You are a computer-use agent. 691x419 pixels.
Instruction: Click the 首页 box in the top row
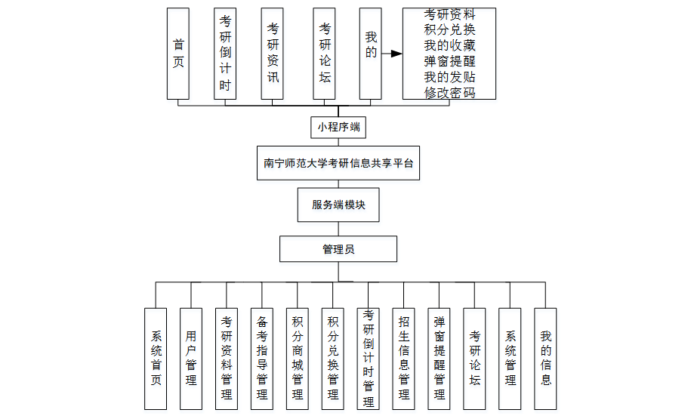coord(178,54)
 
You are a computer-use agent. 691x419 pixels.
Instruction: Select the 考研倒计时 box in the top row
coord(225,54)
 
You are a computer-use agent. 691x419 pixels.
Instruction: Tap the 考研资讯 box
coord(273,54)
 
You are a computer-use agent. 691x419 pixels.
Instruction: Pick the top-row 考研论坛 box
coord(325,54)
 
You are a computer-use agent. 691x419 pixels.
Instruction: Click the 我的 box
coord(370,54)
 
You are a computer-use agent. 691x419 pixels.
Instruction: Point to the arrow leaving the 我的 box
coord(391,54)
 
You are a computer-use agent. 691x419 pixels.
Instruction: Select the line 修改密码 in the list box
coord(449,93)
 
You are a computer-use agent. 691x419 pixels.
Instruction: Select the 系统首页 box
coord(156,359)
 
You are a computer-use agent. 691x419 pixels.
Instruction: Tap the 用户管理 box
coord(191,359)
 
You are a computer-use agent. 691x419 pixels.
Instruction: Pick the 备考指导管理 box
coord(262,359)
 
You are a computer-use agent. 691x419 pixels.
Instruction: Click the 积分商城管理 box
coord(298,359)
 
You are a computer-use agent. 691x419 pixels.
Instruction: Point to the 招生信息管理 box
coord(404,359)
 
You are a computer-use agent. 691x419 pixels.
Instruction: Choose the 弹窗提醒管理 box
coord(440,359)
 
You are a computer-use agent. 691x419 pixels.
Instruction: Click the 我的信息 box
coord(545,359)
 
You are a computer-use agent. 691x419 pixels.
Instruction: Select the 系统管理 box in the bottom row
coord(511,359)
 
